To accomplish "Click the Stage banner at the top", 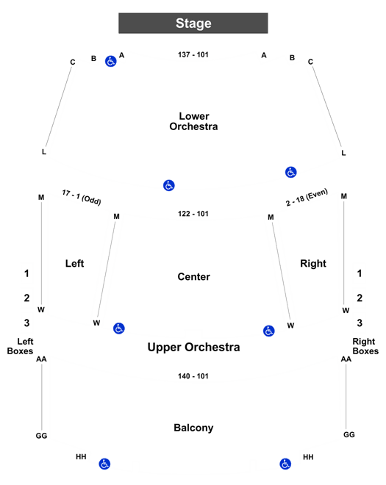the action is click(193, 24).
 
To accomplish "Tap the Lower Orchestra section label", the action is click(193, 121).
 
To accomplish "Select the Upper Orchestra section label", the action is click(193, 347).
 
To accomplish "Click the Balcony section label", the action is click(193, 428).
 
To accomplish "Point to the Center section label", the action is click(194, 276).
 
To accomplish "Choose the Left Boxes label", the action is click(20, 346).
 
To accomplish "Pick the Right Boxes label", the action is click(365, 346).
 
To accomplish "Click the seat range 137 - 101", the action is click(193, 55).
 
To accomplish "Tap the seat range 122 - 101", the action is click(193, 214).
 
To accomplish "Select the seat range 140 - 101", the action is click(193, 376).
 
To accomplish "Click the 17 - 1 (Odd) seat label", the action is click(82, 198).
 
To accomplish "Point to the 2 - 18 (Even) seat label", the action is click(307, 197).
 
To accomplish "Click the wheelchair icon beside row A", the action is click(111, 61).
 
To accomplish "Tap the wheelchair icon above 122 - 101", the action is click(169, 185).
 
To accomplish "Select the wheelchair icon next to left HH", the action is click(104, 464).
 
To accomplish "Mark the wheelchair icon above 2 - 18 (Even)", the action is click(291, 172).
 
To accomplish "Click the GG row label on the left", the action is click(41, 436).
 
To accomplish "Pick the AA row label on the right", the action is click(346, 359).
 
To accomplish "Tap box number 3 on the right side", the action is click(360, 323).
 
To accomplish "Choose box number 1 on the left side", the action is click(26, 273).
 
